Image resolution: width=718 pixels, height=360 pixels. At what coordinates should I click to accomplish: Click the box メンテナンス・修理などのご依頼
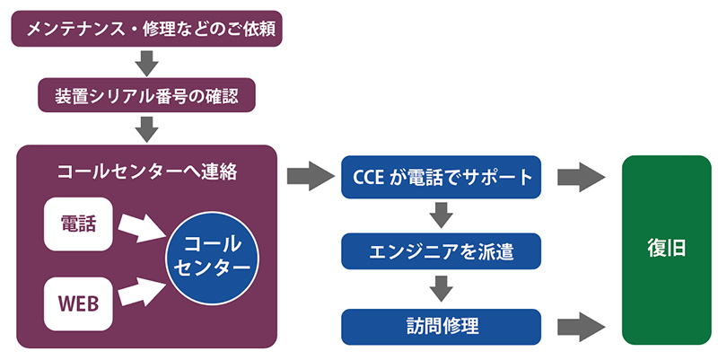coord(146,29)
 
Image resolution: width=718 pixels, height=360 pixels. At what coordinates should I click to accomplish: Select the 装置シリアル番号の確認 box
coord(146,95)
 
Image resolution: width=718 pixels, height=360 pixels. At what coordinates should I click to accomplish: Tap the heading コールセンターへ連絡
coord(147,171)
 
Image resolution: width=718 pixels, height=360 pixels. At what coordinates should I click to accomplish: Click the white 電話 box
coord(78,224)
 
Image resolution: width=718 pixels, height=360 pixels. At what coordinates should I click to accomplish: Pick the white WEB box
coord(78,303)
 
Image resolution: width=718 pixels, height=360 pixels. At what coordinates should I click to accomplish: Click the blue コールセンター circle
coord(212,258)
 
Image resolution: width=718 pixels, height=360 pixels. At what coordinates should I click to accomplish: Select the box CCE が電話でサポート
coord(442,177)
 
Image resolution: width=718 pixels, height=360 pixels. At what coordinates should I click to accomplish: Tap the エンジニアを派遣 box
coord(442,251)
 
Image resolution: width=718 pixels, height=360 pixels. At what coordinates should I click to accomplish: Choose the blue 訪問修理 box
coord(442,327)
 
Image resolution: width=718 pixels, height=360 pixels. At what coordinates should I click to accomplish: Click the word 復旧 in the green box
coord(666,249)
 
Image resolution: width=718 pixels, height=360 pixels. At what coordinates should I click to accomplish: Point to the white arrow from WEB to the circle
coord(142,292)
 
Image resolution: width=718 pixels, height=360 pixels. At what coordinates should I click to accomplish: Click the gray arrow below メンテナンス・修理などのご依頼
coord(147,63)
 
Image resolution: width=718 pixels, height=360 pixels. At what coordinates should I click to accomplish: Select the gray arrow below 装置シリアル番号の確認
coord(147,129)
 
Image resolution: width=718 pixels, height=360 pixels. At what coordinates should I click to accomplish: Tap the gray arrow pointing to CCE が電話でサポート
coord(311,176)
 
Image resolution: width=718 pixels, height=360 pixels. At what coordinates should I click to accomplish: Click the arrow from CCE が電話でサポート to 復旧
coord(582,177)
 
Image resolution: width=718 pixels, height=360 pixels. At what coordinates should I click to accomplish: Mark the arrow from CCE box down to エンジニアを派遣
coord(442,215)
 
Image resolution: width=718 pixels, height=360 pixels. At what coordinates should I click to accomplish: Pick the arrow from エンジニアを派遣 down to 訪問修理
coord(442,289)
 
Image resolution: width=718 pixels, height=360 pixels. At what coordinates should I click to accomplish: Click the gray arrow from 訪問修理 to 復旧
coord(582,327)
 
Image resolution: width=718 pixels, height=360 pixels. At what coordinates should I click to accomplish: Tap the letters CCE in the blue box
coord(369,178)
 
